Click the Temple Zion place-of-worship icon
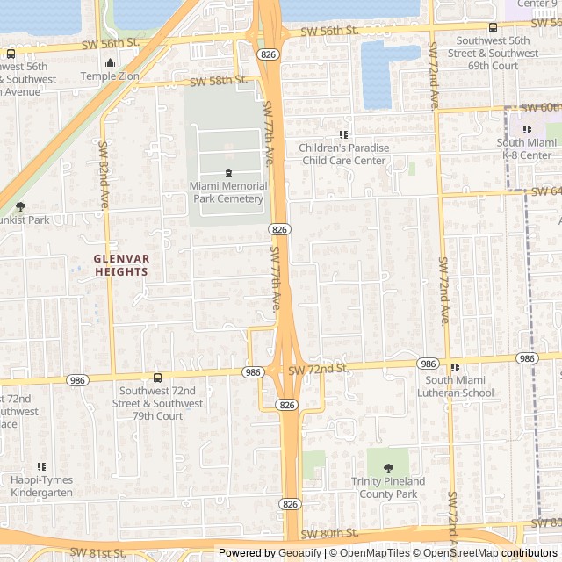pos(110,62)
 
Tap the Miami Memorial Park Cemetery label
pos(228,192)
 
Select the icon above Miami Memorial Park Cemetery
pos(228,173)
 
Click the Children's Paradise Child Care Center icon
pos(343,134)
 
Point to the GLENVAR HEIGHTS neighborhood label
pos(122,265)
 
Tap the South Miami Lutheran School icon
pos(455,367)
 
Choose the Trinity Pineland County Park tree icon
pos(388,468)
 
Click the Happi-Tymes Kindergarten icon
pos(41,467)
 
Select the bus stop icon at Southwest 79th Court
pos(157,378)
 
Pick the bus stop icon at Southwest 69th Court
pos(493,27)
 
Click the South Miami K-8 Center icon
pos(527,129)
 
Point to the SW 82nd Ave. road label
pos(104,175)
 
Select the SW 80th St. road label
pos(329,533)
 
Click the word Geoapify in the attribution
pos(299,553)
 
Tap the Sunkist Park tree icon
pos(20,206)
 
